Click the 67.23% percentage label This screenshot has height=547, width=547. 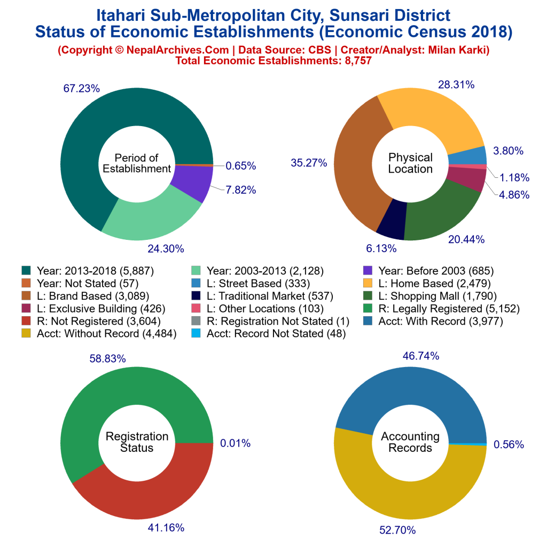coord(81,89)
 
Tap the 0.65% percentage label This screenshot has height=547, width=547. coord(240,166)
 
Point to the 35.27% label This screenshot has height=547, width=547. coord(309,163)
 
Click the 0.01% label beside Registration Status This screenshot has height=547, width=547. coord(235,443)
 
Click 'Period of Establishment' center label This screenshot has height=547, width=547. coord(137,163)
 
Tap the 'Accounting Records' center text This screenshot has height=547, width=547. coord(410,442)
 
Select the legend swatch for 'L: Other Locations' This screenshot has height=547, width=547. coord(198,309)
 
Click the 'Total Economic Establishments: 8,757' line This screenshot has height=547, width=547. coord(273,61)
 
